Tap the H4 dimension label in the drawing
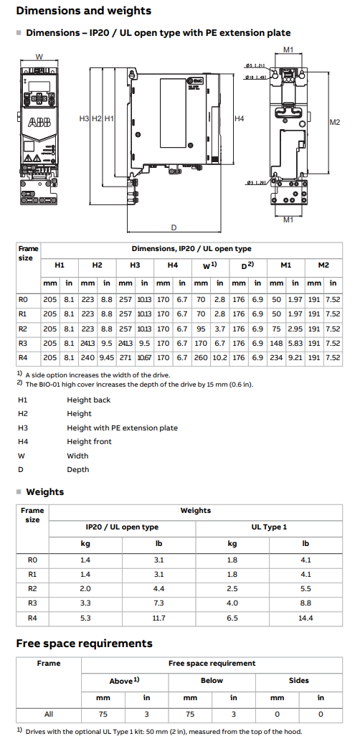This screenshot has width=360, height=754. point(239,118)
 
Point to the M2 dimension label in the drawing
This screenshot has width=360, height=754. point(335,122)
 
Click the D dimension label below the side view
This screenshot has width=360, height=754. point(174,227)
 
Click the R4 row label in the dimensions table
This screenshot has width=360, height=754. point(23,357)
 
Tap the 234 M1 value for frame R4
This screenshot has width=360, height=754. point(276,357)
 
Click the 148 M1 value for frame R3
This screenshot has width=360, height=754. point(276,343)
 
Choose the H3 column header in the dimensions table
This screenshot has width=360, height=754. point(135,265)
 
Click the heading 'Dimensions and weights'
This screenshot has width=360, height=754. point(83,11)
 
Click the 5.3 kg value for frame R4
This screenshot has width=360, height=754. point(85,618)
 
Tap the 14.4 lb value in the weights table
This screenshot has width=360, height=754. point(305,618)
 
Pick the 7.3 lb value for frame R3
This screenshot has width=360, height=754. point(159,603)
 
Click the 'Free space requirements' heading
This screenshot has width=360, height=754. point(84,643)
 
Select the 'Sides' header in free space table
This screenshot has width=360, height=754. point(298,680)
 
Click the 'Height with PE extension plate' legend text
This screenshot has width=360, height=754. point(122,428)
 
